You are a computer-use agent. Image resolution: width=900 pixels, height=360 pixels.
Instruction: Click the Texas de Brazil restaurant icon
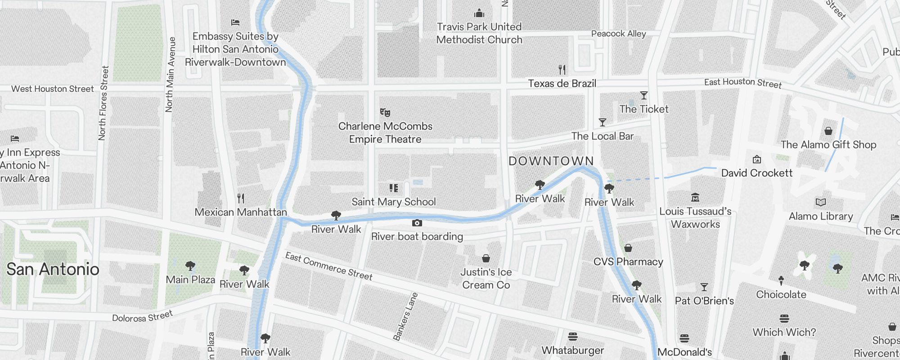[562, 70]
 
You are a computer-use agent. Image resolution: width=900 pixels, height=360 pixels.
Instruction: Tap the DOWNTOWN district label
[551, 161]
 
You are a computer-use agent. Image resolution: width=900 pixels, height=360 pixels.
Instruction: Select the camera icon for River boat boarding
[417, 223]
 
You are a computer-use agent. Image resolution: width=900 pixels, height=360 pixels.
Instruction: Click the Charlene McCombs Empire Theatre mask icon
[385, 112]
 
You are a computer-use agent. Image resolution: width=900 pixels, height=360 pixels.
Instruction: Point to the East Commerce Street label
[329, 266]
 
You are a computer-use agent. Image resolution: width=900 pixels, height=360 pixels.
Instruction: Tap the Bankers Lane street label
[405, 316]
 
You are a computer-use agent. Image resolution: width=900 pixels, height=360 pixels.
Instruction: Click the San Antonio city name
[53, 269]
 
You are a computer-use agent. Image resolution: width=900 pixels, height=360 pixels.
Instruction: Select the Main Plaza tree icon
[190, 266]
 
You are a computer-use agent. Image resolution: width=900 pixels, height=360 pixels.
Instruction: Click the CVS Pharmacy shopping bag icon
[628, 248]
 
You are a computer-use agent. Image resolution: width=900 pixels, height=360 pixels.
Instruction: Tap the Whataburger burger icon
[573, 337]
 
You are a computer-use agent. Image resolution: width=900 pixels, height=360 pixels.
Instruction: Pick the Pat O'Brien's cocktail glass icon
[704, 287]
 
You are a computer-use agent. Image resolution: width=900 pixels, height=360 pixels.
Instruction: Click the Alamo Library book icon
[821, 202]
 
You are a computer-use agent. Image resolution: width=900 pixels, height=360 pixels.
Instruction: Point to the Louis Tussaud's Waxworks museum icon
[695, 198]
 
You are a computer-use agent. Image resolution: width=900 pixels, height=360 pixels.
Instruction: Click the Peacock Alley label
[618, 34]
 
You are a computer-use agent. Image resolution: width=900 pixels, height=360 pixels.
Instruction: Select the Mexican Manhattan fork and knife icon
[241, 198]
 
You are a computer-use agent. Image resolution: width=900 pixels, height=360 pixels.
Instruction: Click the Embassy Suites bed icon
[235, 22]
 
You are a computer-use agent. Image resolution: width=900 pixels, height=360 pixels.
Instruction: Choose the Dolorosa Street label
[142, 316]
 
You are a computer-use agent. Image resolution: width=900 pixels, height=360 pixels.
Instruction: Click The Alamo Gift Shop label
[828, 145]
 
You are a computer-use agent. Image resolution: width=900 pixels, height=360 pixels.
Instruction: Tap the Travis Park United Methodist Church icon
[479, 13]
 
